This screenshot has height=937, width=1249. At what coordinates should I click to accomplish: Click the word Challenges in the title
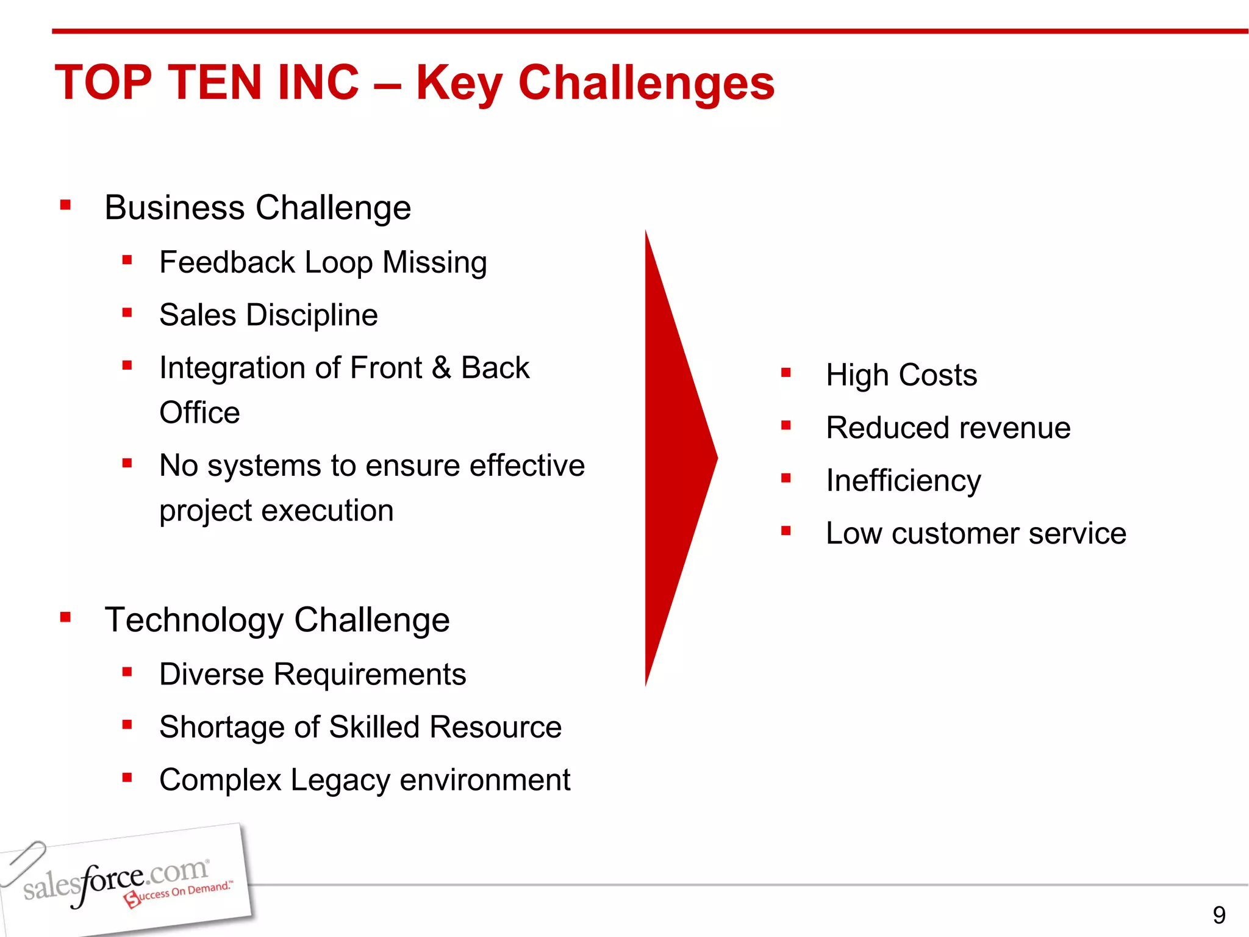(646, 83)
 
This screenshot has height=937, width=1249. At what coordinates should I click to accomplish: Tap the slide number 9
(1219, 915)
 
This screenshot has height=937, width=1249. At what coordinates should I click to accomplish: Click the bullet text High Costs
(901, 375)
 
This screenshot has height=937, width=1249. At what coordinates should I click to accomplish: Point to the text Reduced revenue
(948, 428)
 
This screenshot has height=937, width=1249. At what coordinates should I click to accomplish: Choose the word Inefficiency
(903, 481)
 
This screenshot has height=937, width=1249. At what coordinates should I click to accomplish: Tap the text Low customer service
(976, 533)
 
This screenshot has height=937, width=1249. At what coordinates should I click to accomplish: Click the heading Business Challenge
(257, 207)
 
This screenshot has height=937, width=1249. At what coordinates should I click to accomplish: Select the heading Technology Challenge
(277, 620)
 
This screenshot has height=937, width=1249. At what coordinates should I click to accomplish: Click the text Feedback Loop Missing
(323, 262)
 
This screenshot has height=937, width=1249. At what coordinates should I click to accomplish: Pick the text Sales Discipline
(268, 315)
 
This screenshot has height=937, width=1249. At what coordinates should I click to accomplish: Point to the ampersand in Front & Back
(441, 368)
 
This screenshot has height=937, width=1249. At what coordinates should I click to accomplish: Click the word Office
(199, 413)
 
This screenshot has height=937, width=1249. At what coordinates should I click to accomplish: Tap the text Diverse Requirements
(312, 674)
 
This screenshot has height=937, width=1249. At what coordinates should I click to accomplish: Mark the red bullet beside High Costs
(786, 373)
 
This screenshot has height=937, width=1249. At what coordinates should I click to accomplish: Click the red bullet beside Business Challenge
(66, 205)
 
